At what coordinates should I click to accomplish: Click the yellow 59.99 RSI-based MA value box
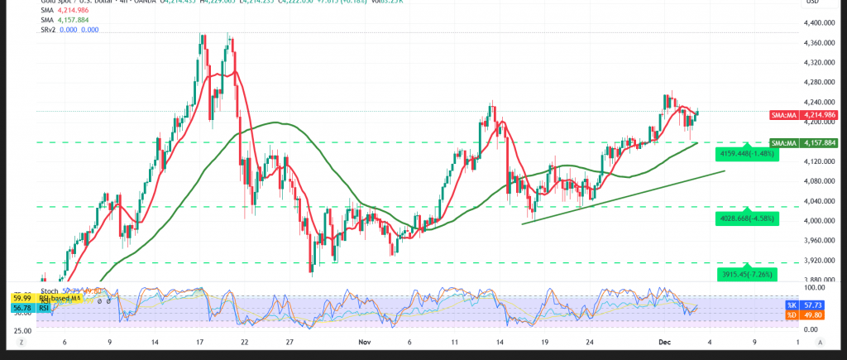[22, 298]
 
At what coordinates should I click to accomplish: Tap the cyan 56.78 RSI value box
[22, 307]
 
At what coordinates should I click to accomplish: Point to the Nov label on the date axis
[366, 340]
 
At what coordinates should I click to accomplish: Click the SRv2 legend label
[50, 30]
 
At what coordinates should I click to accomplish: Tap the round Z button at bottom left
[23, 341]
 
